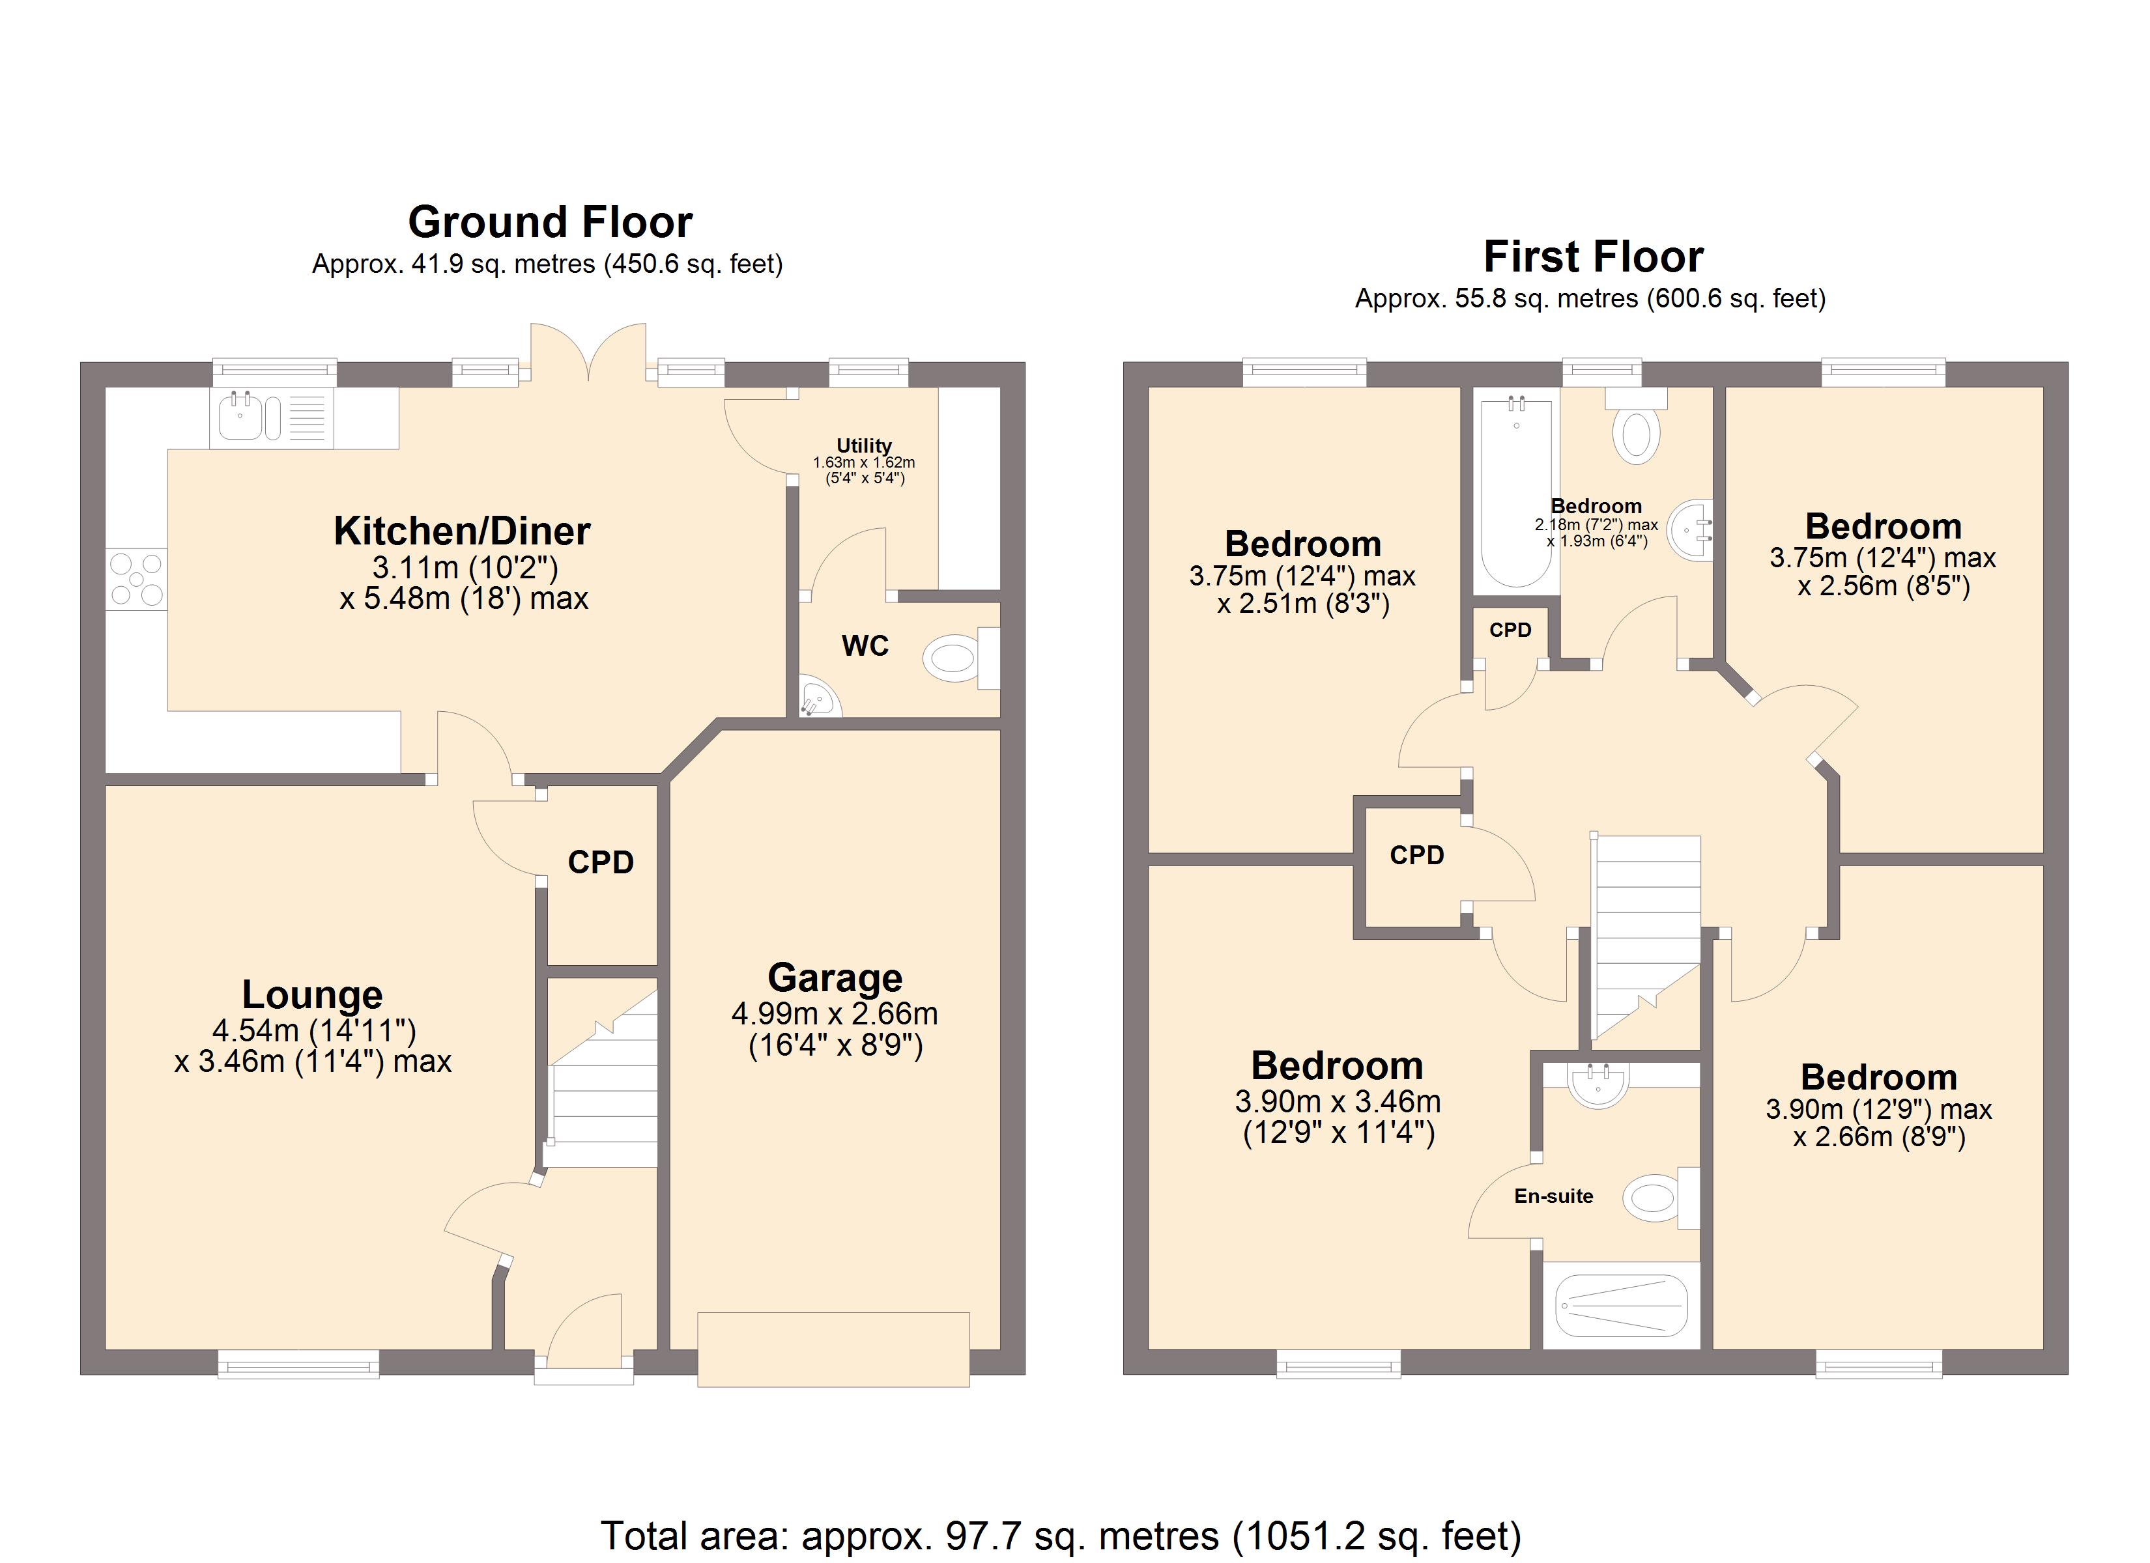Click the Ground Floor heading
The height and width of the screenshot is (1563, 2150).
click(550, 223)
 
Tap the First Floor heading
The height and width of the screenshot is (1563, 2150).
click(1594, 257)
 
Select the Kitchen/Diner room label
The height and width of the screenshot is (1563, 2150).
click(462, 531)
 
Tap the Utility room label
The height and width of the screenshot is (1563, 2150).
click(864, 445)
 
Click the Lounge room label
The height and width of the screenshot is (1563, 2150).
click(312, 995)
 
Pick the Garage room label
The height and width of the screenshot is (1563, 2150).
click(835, 978)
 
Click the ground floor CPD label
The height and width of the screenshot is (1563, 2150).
click(601, 862)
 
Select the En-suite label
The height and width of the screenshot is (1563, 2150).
click(1554, 1196)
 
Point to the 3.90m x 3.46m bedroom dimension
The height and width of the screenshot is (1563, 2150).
click(1338, 1116)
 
